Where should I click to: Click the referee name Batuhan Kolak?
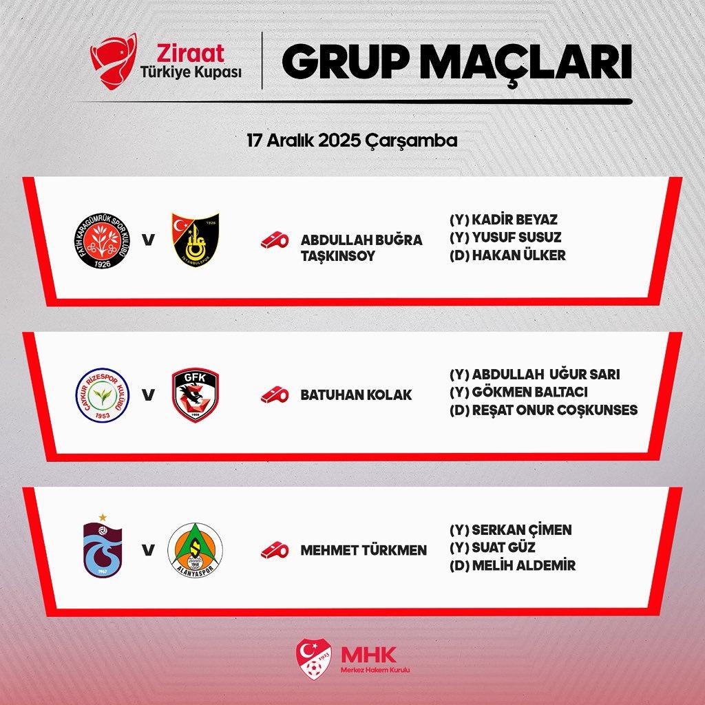(357, 395)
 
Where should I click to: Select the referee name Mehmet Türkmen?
(364, 550)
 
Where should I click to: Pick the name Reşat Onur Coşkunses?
(554, 410)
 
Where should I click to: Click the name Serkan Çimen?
(520, 530)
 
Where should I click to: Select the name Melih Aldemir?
(523, 566)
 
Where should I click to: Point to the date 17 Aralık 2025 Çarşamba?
(352, 140)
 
